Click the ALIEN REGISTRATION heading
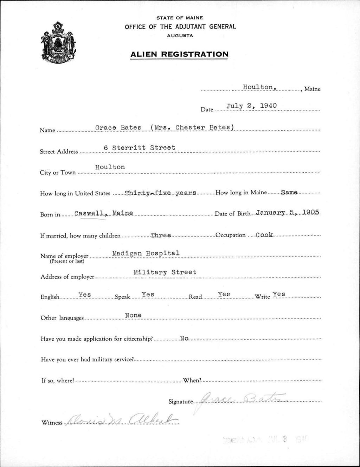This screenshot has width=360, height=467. point(179,54)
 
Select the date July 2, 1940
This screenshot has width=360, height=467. point(251,106)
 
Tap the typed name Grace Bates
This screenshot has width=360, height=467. point(118,127)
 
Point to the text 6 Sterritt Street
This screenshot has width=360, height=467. point(140,148)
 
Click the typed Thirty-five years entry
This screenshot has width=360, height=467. point(160,193)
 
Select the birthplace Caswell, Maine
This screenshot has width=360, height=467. point(104,213)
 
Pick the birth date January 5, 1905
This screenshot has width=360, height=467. point(288,213)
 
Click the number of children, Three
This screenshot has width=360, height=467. point(161,235)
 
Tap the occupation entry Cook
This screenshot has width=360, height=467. point(264,235)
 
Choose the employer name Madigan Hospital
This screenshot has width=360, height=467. point(146,253)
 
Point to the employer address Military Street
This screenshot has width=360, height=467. point(165,272)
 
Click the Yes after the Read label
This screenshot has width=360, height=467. point(224,294)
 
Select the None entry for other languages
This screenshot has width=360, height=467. point(134,315)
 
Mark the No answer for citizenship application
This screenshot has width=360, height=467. point(184,339)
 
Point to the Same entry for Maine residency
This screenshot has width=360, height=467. point(289,193)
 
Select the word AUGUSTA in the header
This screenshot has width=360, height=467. point(180,36)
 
